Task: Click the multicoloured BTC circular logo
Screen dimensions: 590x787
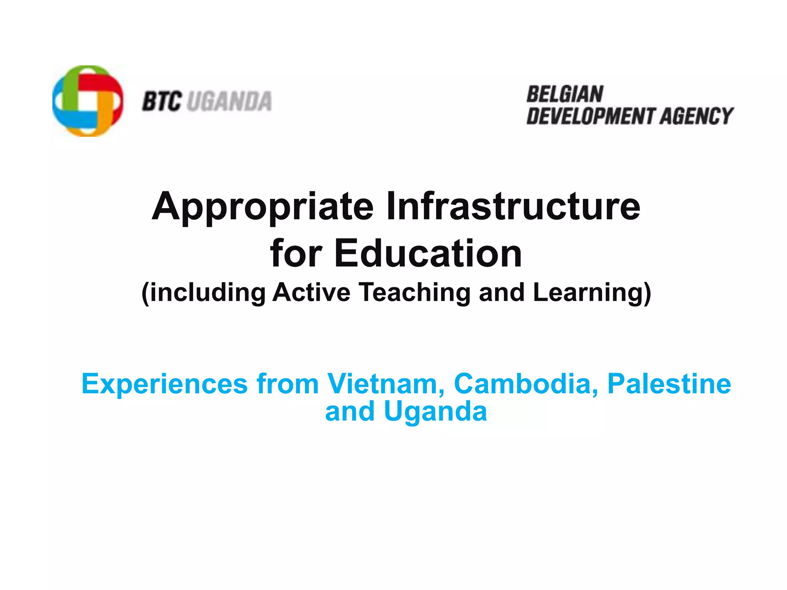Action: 88,101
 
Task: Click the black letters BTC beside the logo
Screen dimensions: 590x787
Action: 161,101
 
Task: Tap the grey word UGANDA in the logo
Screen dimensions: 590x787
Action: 230,101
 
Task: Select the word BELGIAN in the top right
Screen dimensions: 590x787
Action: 565,94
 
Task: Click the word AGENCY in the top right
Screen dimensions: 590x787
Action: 696,116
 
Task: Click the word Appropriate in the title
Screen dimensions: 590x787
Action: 262,207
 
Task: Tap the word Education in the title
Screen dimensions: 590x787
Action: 428,254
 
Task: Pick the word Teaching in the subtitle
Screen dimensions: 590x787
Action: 415,293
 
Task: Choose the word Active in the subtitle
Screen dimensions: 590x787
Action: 311,293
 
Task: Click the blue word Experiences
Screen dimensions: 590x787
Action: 164,384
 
